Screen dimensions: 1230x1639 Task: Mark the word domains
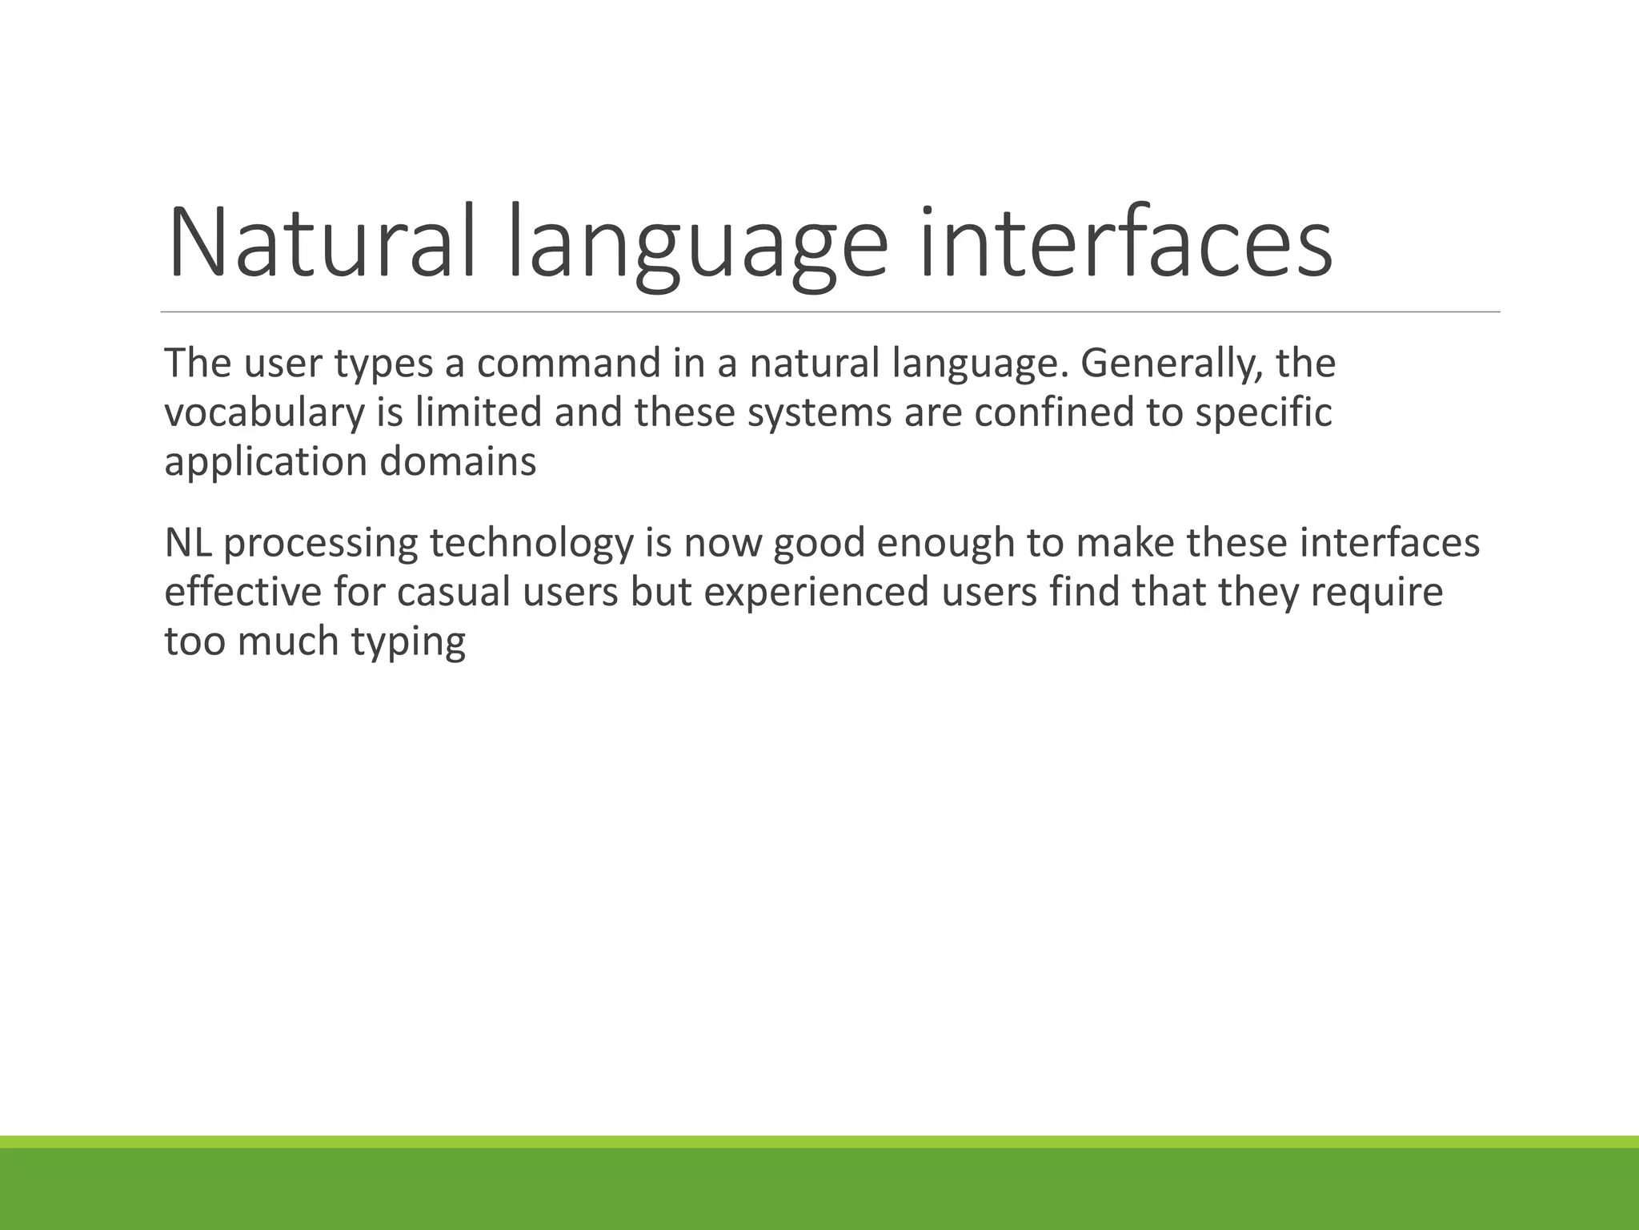point(458,462)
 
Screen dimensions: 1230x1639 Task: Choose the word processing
point(320,544)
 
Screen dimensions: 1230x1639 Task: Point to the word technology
point(531,544)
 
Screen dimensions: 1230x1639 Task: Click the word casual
point(453,592)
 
